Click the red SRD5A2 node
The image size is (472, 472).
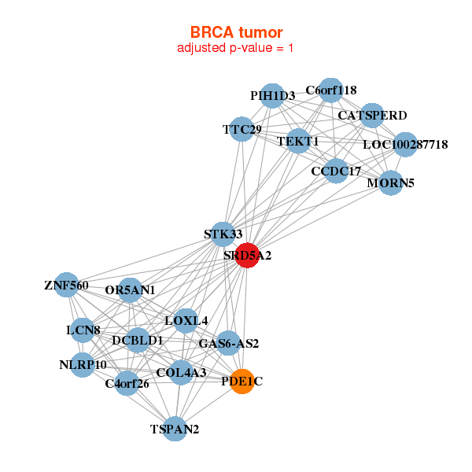[247, 256]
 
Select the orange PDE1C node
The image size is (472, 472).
[242, 382]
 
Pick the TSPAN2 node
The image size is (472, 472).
[175, 429]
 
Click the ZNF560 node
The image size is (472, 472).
[66, 286]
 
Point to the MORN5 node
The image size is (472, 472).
[391, 183]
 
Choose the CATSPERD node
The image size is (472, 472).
[371, 116]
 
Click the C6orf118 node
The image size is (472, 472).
[330, 90]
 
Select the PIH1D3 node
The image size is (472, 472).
[272, 96]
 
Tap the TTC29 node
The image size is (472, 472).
[242, 129]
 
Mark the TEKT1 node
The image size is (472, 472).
[298, 142]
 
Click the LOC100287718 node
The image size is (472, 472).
[404, 145]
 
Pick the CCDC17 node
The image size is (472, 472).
[336, 171]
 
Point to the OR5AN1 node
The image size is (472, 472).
[131, 290]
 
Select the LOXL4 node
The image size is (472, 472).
[186, 320]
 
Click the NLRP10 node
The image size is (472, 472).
[83, 365]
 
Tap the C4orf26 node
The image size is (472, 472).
[127, 383]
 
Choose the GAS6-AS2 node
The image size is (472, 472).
[228, 343]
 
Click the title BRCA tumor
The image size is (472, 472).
[236, 32]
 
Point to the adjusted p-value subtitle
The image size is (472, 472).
[236, 48]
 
